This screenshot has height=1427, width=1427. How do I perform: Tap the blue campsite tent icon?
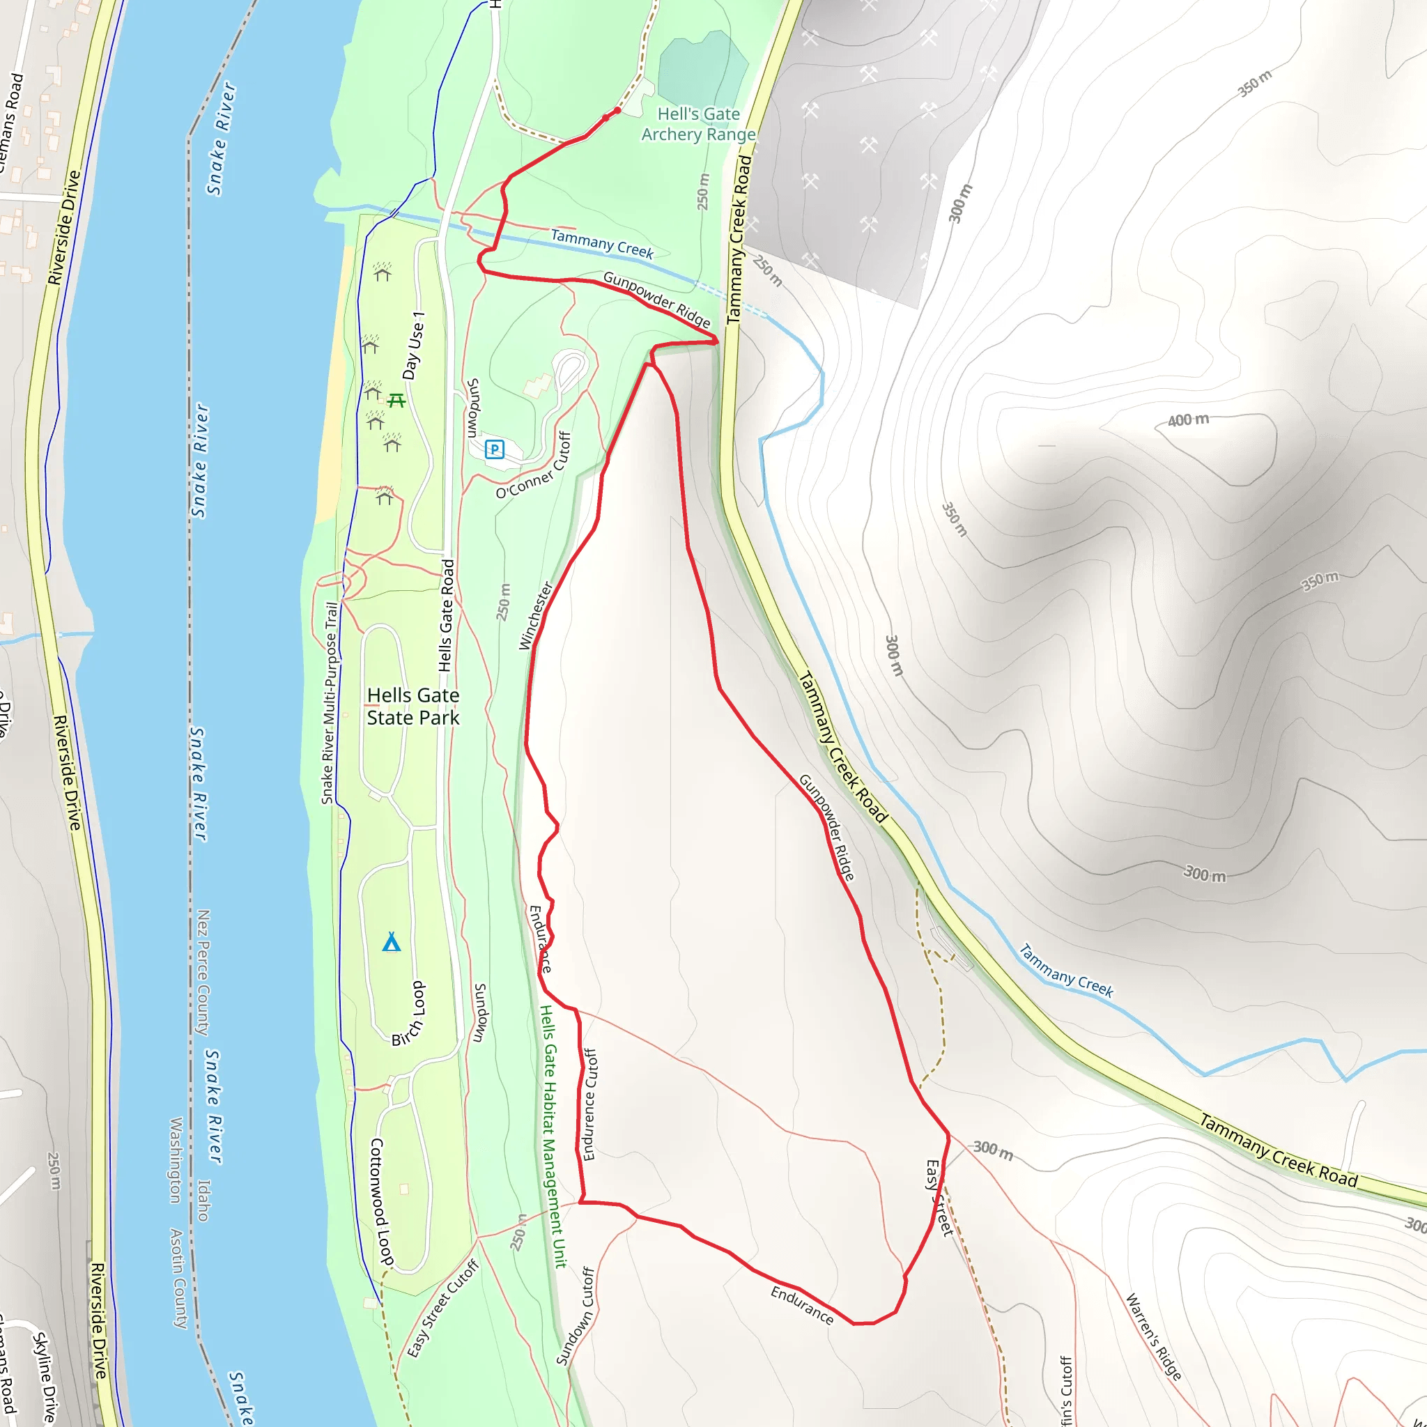[392, 942]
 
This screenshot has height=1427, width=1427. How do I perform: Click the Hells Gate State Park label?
[413, 706]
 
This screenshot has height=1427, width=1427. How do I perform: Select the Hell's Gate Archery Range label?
[698, 124]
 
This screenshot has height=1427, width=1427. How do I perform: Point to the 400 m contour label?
[1189, 420]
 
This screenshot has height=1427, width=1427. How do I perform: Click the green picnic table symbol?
[396, 401]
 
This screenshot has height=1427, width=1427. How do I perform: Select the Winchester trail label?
[536, 615]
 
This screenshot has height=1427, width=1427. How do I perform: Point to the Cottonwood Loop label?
[382, 1202]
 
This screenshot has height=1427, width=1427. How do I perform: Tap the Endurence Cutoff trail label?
[589, 1104]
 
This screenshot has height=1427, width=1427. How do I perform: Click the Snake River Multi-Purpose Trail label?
[330, 702]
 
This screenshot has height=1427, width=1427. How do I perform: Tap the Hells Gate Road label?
[446, 616]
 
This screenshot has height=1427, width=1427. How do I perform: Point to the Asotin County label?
[179, 1279]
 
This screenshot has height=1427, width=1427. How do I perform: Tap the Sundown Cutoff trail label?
[576, 1316]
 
